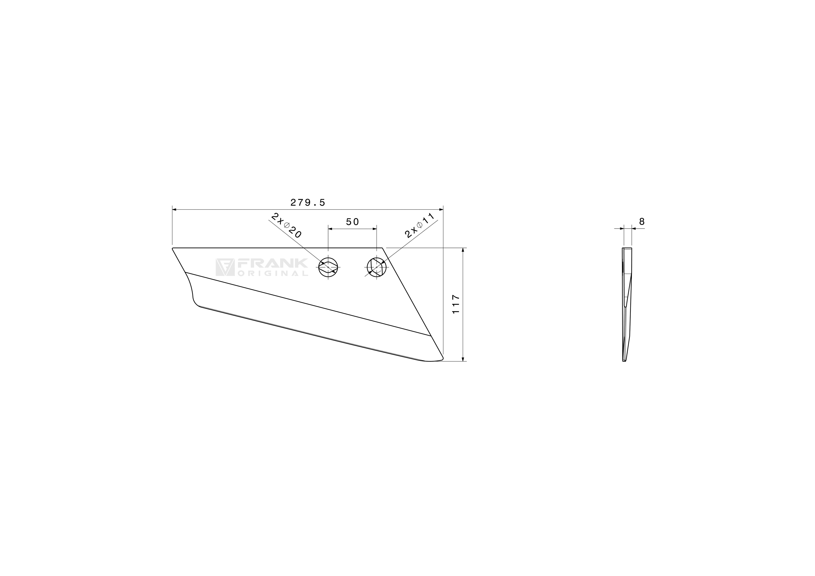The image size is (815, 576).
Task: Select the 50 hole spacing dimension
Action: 352,222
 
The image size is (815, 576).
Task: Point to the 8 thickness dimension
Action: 642,221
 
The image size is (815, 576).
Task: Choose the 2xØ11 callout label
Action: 420,226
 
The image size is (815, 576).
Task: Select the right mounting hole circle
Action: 377,267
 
